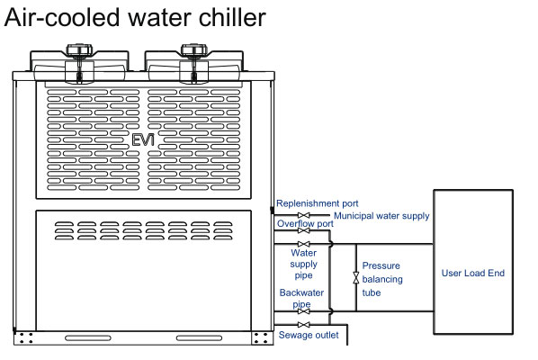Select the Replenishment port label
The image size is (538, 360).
point(317,203)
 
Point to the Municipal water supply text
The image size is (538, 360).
point(381,216)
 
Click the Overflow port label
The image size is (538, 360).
point(305,224)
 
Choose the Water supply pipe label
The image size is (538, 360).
point(303,264)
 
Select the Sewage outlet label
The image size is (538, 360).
point(308,337)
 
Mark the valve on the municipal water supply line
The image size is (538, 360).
point(304,216)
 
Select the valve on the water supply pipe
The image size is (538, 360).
point(304,244)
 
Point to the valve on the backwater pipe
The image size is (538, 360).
point(304,311)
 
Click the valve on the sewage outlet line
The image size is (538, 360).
point(304,324)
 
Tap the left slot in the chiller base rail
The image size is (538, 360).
point(88,338)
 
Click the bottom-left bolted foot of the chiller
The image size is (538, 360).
point(26,338)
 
